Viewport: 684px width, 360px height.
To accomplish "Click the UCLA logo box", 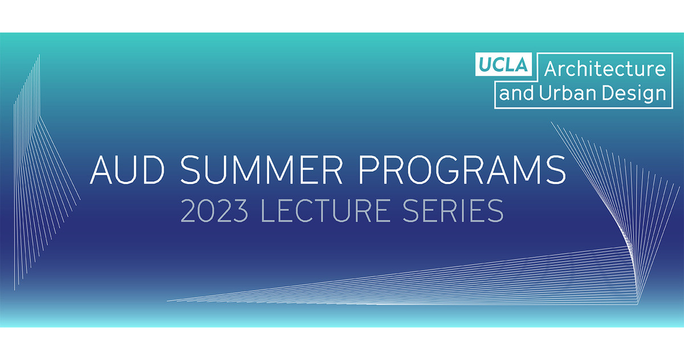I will [x=504, y=64].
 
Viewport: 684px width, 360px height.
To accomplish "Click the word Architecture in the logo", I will [x=605, y=69].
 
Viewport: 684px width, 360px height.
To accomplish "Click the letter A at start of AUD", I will [x=100, y=170].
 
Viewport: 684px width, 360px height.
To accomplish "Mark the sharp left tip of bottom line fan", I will [x=168, y=300].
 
